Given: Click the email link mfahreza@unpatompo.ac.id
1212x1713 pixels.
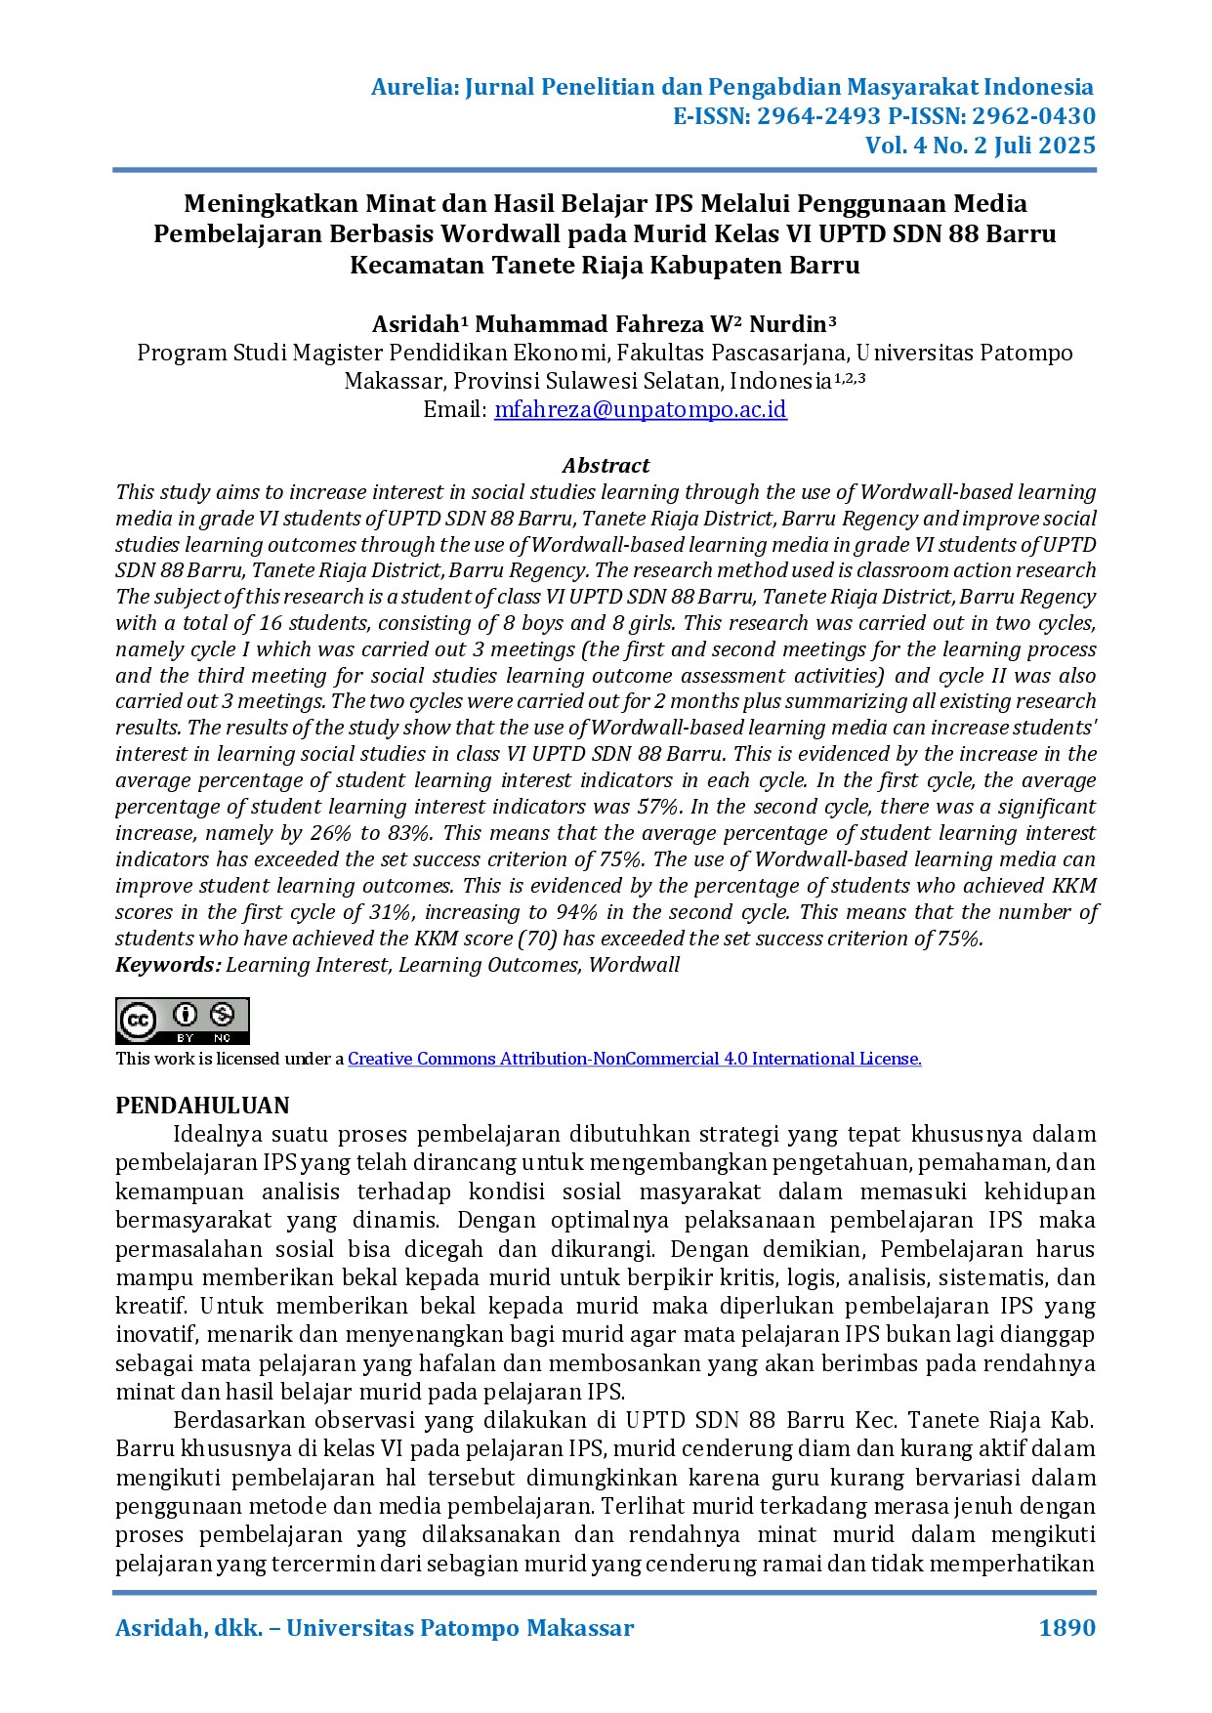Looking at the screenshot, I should pyautogui.click(x=640, y=409).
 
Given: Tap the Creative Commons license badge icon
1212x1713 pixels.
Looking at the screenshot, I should pyautogui.click(x=183, y=1021).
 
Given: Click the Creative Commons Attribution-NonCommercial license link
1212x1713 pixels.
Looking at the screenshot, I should pyautogui.click(x=634, y=1059).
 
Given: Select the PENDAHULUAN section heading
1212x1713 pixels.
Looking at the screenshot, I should pyautogui.click(x=202, y=1106).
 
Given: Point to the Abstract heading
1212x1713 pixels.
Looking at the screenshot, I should pyautogui.click(x=606, y=465).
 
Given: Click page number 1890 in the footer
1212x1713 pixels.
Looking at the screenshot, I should pyautogui.click(x=1066, y=1628).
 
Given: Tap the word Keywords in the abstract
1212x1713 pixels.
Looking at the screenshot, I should pyautogui.click(x=167, y=965).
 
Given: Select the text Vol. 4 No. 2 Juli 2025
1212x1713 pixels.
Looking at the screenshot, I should pyautogui.click(x=980, y=146).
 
